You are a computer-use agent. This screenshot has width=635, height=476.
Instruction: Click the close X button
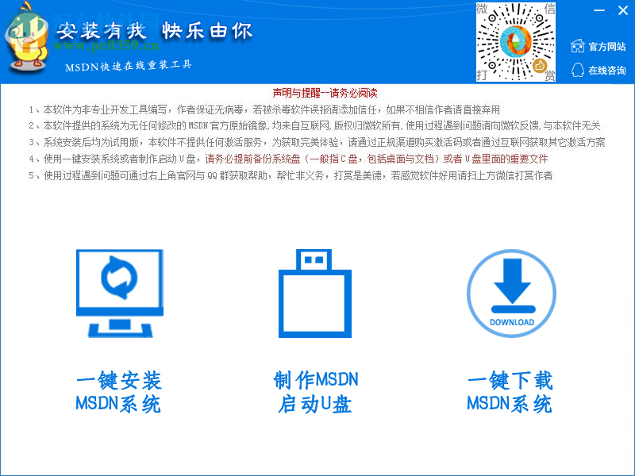[622, 10]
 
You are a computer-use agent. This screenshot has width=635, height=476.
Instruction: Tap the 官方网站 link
[606, 47]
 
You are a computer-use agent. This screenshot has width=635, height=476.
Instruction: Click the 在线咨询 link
[606, 71]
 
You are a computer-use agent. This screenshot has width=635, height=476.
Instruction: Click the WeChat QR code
[516, 42]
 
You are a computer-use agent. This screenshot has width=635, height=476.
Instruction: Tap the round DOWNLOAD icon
[511, 293]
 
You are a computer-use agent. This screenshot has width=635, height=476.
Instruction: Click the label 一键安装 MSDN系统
[118, 392]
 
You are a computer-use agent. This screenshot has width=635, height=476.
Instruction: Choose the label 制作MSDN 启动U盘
[315, 392]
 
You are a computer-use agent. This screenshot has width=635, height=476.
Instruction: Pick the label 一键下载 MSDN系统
[510, 392]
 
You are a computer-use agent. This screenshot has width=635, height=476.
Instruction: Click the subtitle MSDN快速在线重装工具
[129, 65]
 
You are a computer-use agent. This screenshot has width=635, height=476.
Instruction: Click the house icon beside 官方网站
[578, 47]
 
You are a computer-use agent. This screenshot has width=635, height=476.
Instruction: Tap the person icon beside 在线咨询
[578, 71]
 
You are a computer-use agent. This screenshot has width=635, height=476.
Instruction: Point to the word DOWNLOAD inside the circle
[511, 322]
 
